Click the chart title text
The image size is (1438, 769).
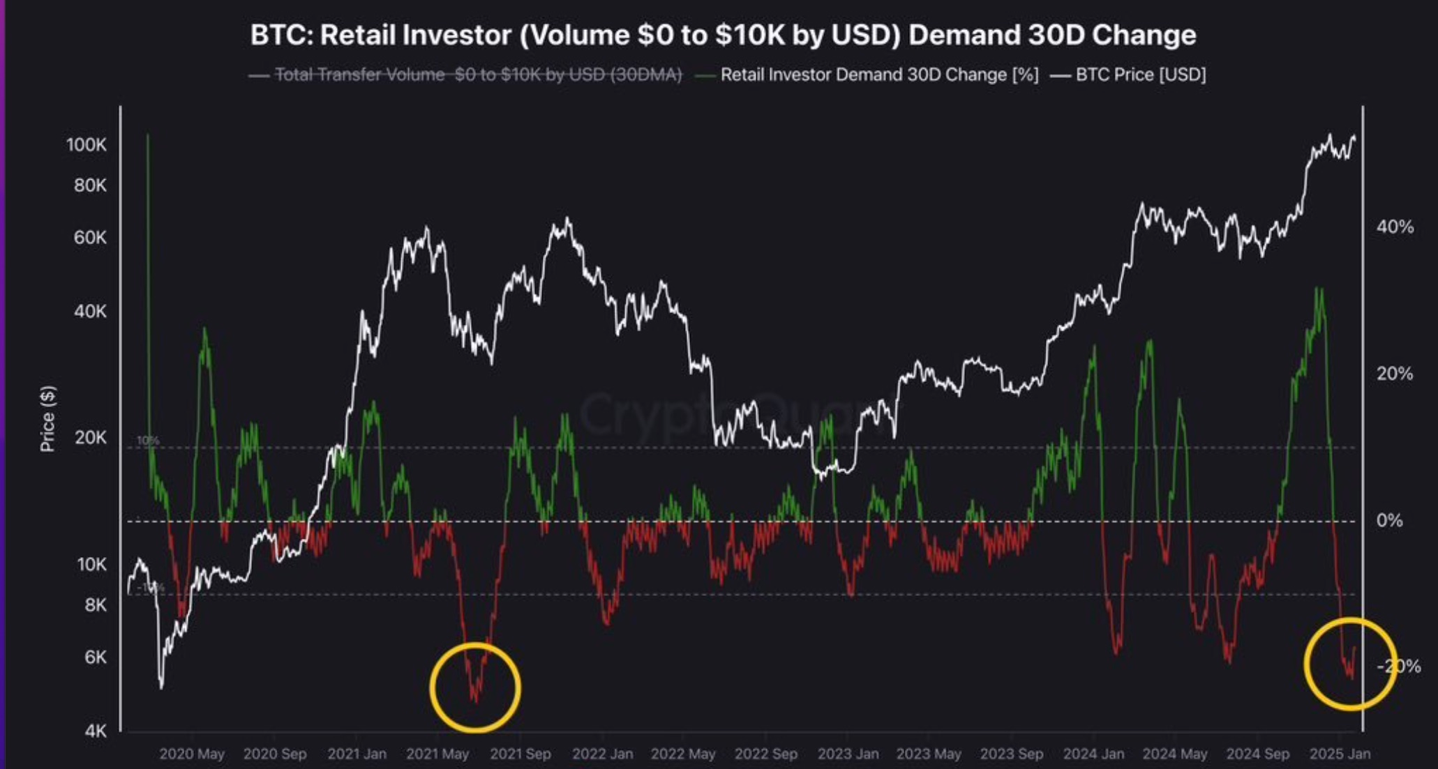coord(723,35)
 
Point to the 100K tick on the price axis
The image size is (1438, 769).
coord(87,145)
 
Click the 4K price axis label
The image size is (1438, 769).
coord(96,731)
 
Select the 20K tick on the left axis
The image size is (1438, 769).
coord(91,437)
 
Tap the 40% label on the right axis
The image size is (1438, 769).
coord(1395,227)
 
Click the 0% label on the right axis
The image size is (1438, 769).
coord(1389,520)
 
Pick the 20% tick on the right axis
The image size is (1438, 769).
coord(1395,374)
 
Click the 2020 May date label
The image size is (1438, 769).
coord(192,754)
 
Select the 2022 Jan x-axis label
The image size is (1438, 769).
coord(603,754)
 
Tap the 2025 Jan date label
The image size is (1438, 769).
coord(1340,754)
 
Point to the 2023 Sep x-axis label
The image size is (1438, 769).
coord(1012,754)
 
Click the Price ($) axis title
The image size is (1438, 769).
coord(47,418)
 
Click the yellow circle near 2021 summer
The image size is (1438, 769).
coord(475,687)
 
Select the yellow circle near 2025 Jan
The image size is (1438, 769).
coord(1350,663)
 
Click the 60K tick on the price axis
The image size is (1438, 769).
coord(91,238)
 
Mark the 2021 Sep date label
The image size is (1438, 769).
coord(520,754)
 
